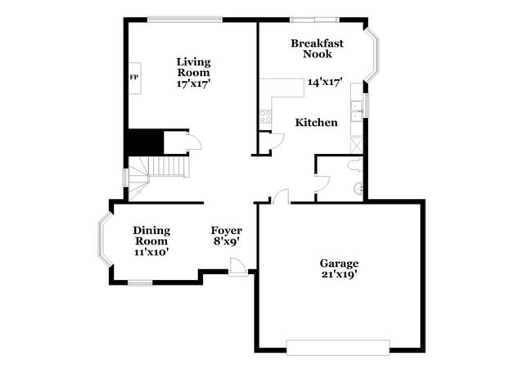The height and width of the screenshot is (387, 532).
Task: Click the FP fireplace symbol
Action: pos(133,77)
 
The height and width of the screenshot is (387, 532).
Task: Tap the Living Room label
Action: pos(193,67)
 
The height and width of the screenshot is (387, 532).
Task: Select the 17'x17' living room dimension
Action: pos(193,83)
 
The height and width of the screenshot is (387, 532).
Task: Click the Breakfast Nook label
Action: pos(317,48)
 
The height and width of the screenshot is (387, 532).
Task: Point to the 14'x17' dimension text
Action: pos(324,82)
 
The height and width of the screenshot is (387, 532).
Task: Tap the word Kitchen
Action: pos(316,123)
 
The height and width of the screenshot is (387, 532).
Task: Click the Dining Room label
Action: pos(151,236)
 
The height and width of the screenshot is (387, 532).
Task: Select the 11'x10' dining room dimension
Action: pos(151,252)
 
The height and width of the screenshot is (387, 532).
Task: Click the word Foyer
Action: pos(226,230)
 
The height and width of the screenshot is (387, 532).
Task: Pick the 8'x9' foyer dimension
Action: pos(226,242)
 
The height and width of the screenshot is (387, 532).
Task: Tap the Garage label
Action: pos(339,263)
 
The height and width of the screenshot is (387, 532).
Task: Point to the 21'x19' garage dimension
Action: pos(339,275)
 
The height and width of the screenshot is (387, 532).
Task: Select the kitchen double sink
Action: pos(356,111)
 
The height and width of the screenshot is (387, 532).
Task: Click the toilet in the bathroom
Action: pos(354,165)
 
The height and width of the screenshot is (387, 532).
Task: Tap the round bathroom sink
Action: pos(357,188)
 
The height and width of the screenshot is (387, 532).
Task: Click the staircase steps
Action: pos(167,167)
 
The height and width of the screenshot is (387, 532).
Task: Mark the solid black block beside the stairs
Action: pos(144,142)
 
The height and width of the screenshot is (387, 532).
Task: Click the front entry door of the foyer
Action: pos(237,267)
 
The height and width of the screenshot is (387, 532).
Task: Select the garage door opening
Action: pos(338,347)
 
